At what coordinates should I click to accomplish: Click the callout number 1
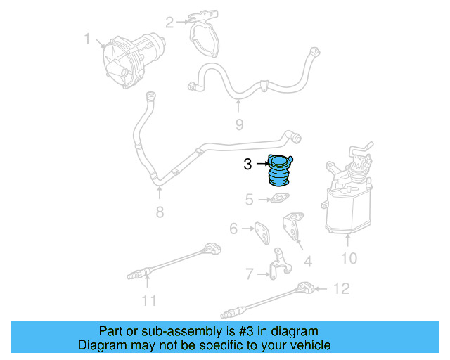click(x=88, y=40)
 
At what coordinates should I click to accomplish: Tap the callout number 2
click(x=169, y=22)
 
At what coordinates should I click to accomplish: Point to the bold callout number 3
click(x=247, y=165)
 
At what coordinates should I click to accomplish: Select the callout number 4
click(x=307, y=262)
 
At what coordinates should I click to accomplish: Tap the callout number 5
click(x=249, y=200)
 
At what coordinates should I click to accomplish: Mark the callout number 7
click(x=249, y=273)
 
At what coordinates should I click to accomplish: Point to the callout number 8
click(x=160, y=212)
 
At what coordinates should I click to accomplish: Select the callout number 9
click(x=239, y=124)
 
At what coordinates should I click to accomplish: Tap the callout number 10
click(x=349, y=258)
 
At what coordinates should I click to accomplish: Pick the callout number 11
click(x=148, y=301)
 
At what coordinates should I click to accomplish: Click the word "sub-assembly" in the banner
click(x=163, y=331)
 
